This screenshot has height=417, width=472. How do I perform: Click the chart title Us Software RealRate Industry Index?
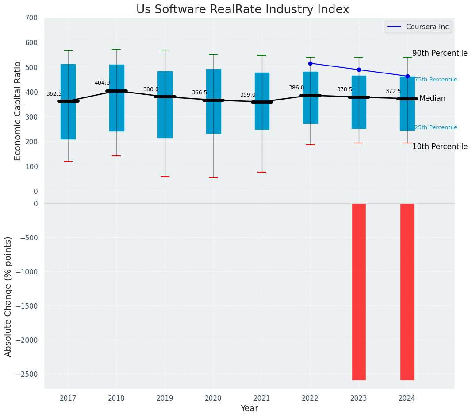[242, 10]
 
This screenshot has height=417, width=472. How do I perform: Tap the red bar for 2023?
[359, 292]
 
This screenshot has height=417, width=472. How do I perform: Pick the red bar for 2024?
[407, 292]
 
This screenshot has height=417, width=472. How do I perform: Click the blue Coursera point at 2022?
[310, 63]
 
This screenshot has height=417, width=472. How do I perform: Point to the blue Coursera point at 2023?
[359, 70]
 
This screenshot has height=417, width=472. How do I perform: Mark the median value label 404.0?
[102, 83]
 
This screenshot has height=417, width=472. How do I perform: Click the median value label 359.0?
[248, 95]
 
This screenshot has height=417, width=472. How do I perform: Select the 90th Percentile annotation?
[440, 53]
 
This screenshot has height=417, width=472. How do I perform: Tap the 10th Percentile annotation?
[440, 147]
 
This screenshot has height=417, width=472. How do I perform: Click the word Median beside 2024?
[432, 98]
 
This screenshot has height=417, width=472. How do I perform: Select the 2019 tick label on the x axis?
[165, 398]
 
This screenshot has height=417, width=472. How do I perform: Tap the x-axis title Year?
[249, 409]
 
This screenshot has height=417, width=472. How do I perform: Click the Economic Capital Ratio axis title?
[18, 111]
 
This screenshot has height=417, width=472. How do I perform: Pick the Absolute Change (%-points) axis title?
[8, 296]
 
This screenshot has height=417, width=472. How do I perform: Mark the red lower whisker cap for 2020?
[213, 178]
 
